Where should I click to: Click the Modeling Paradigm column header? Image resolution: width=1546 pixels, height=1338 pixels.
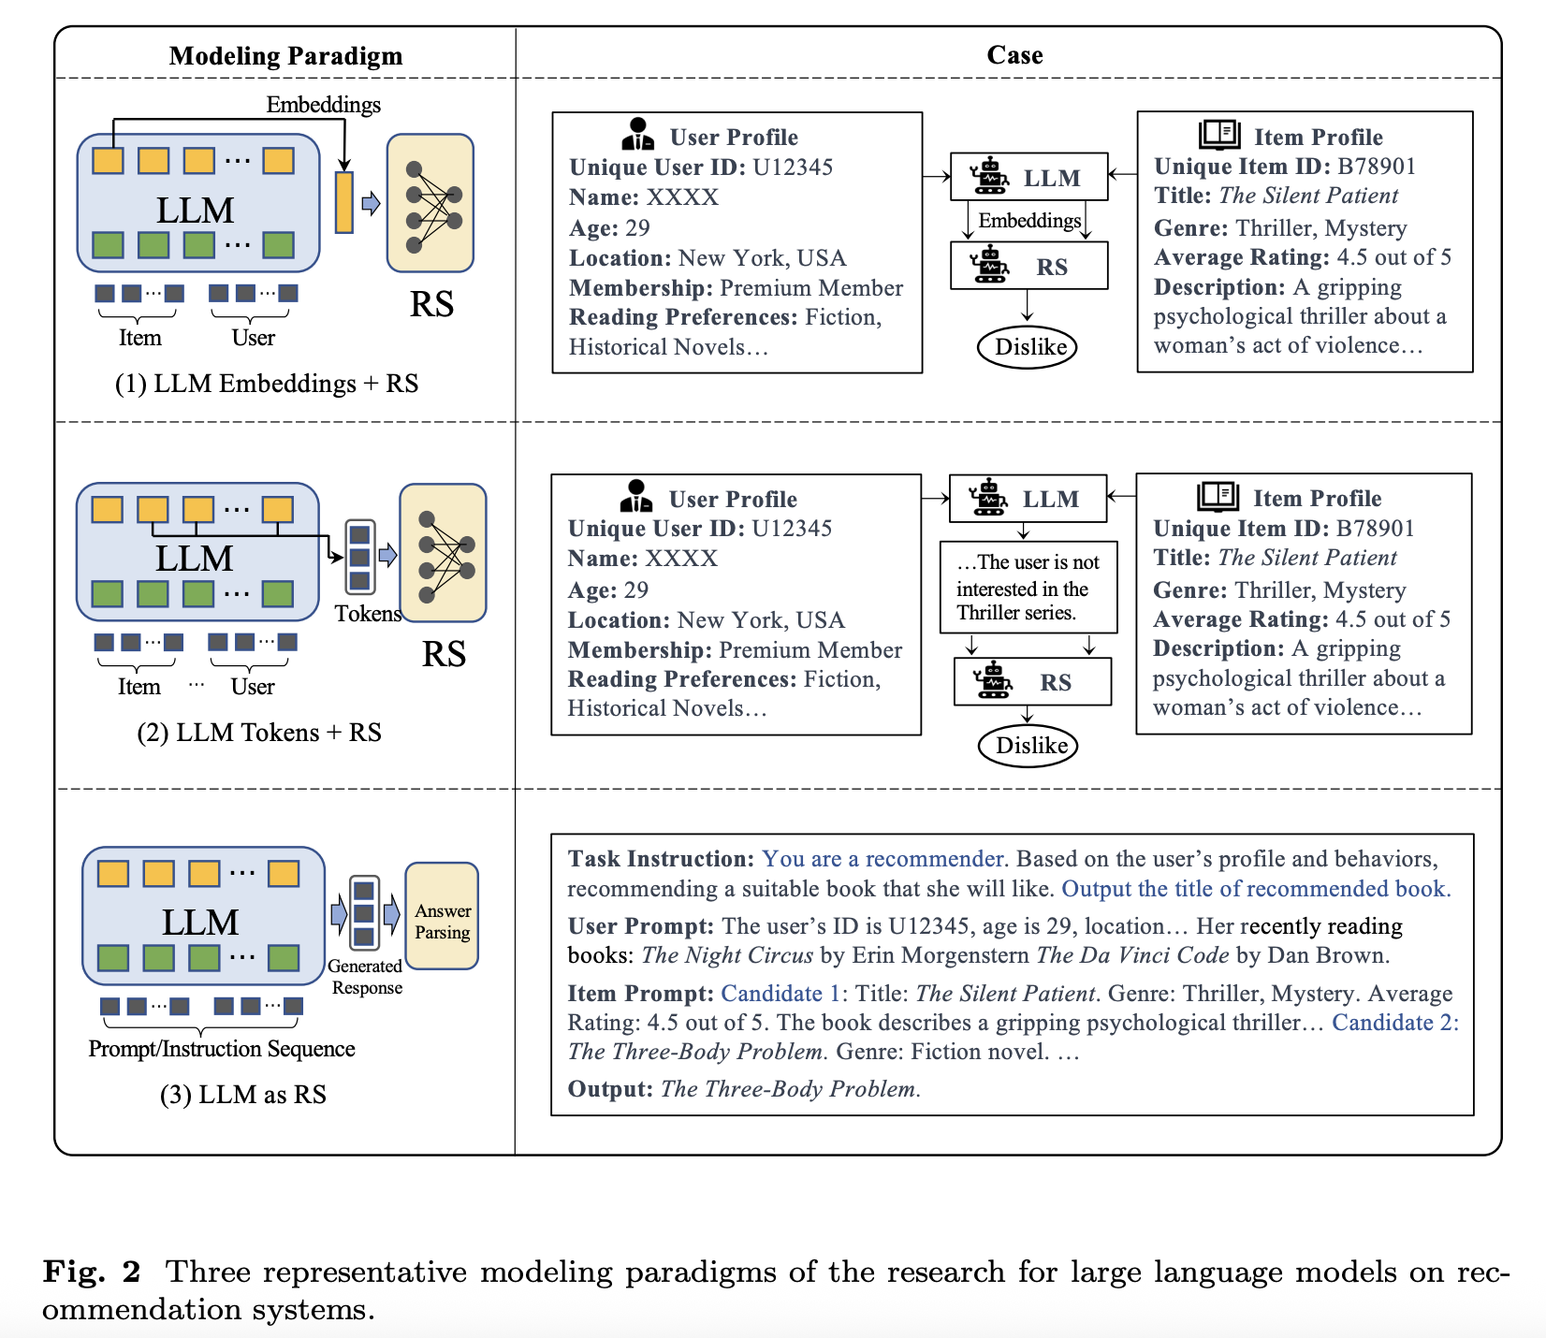(x=285, y=56)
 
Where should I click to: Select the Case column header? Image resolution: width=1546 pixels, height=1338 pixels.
(x=1014, y=55)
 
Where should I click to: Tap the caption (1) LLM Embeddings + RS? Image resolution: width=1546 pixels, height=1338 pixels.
(x=266, y=384)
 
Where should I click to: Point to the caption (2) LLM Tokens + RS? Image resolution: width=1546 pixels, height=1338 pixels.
(x=259, y=733)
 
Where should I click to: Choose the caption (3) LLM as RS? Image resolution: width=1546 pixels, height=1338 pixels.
(x=243, y=1095)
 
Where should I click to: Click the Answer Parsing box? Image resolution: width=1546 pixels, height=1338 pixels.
(x=442, y=922)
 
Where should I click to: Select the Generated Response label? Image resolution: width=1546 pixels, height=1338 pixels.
(x=366, y=977)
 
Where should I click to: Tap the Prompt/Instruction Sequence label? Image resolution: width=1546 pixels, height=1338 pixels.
(x=222, y=1049)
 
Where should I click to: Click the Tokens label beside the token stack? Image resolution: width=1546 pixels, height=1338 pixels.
(x=368, y=614)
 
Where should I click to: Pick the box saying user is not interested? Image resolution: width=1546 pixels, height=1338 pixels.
(x=1028, y=588)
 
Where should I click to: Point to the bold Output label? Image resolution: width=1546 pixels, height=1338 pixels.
(x=610, y=1089)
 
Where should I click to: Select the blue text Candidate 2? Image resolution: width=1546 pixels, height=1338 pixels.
(x=1394, y=1023)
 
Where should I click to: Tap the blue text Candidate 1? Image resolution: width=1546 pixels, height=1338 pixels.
(x=780, y=994)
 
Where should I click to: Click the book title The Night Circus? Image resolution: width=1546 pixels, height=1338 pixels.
(x=727, y=955)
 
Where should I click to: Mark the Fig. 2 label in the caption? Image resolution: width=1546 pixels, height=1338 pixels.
(x=92, y=1273)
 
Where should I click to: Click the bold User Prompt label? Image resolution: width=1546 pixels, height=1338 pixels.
(x=641, y=926)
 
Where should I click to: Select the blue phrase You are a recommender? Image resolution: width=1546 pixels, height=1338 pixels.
(x=883, y=859)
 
